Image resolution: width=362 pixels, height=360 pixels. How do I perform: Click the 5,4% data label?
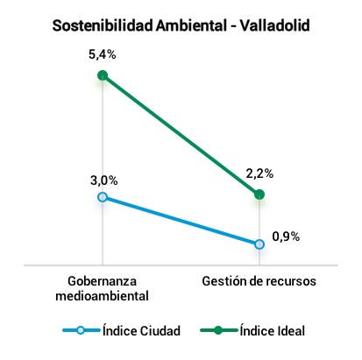[103, 54]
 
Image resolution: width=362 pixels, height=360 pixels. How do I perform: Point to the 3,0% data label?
[104, 180]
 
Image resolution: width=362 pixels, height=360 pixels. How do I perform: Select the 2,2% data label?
[259, 173]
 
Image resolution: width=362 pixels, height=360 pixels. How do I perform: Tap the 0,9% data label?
[286, 236]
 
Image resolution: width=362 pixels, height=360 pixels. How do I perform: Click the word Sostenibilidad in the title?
[103, 25]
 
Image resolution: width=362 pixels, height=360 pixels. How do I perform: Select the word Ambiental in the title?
[191, 25]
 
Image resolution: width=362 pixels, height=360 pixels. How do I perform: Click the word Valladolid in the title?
[275, 25]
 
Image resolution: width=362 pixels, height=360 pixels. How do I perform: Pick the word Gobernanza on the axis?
[102, 281]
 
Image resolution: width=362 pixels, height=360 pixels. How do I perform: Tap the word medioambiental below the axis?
[102, 296]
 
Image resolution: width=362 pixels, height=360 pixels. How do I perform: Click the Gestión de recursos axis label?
[259, 281]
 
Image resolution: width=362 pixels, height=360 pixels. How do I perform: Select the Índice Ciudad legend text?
[141, 330]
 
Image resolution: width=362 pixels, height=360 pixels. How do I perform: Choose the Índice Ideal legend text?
[273, 330]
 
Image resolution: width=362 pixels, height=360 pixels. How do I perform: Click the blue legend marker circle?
[81, 330]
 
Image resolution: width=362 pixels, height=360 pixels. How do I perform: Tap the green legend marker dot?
[218, 330]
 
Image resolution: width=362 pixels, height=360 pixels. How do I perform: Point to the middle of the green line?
[181, 135]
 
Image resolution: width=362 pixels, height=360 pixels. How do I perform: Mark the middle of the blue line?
[181, 221]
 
